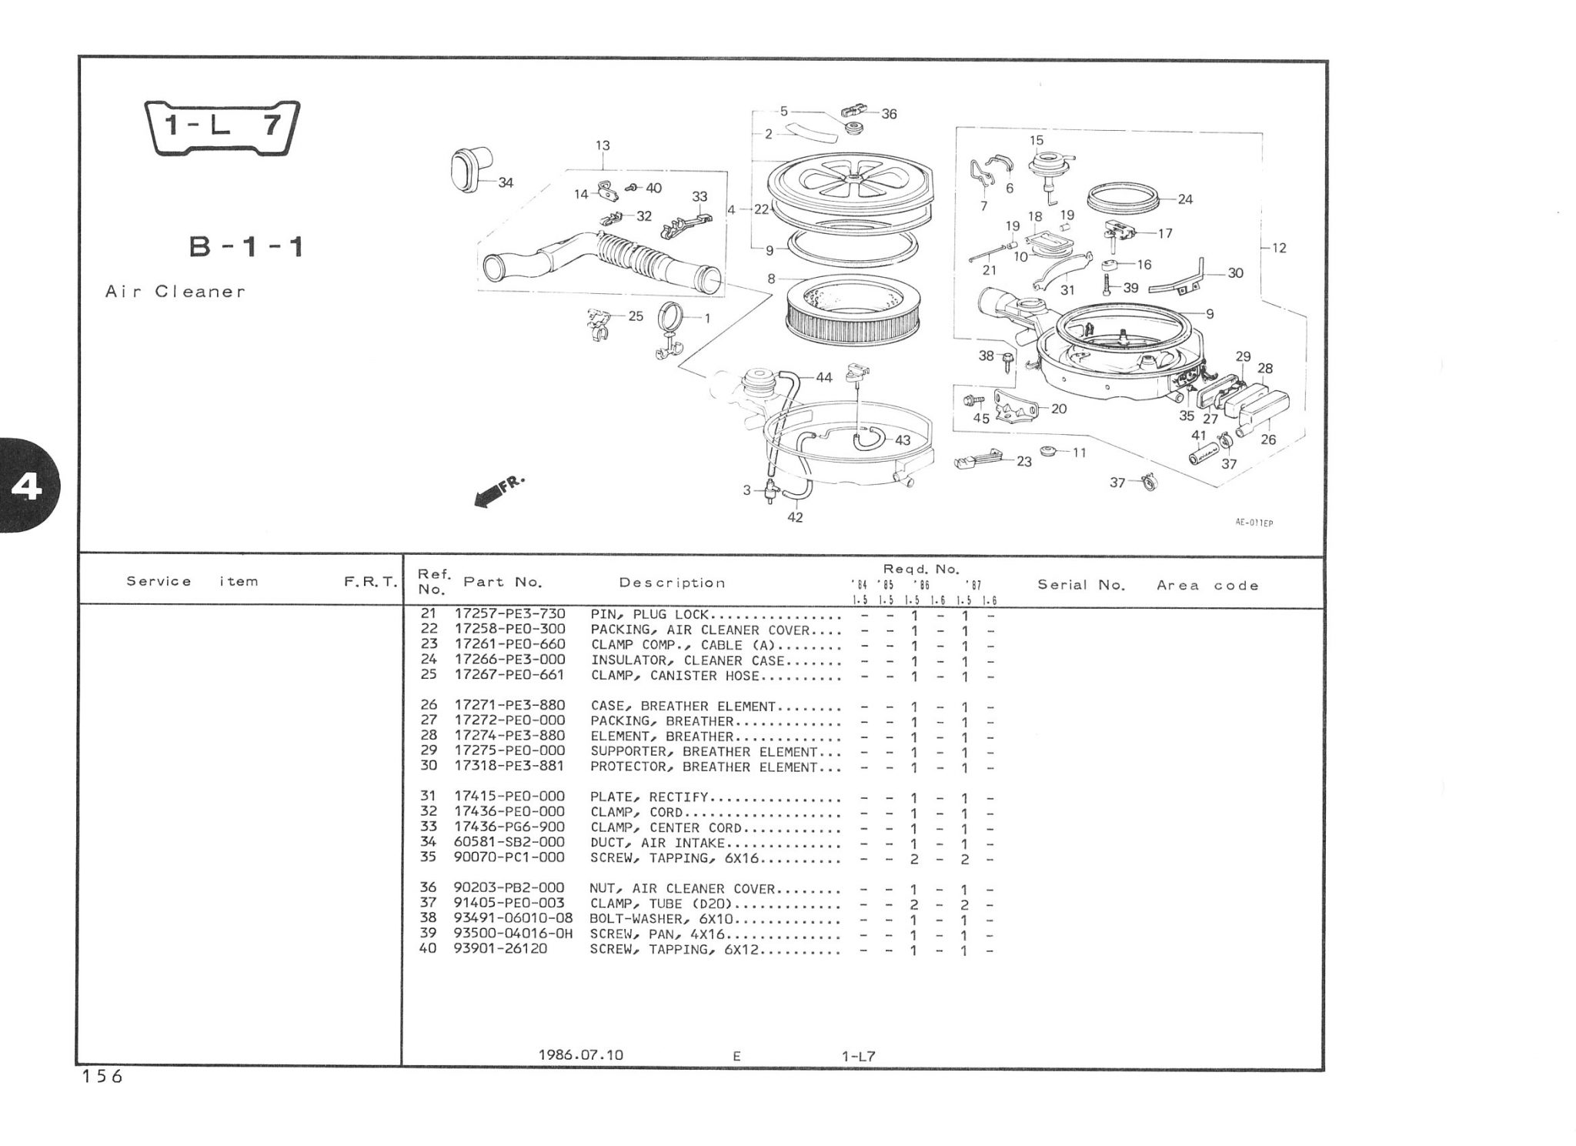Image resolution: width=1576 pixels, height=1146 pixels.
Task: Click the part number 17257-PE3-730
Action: click(509, 614)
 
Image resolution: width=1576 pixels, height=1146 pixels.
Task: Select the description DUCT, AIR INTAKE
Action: click(657, 843)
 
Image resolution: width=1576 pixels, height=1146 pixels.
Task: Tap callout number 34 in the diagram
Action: click(506, 183)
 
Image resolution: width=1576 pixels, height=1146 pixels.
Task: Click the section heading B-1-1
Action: click(246, 247)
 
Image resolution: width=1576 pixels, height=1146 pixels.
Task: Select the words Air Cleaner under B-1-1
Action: click(175, 292)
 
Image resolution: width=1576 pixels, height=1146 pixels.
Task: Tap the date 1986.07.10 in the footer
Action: click(581, 1054)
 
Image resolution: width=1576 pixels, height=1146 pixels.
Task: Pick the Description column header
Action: click(672, 583)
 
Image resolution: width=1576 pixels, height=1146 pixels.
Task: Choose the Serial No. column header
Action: click(1081, 585)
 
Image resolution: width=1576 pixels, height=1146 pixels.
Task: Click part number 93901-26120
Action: click(501, 949)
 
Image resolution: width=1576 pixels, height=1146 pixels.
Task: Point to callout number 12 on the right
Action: click(1279, 248)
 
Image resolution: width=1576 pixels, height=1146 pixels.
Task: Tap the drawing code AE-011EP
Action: click(1254, 523)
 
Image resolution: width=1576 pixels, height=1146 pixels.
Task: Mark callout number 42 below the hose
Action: click(795, 517)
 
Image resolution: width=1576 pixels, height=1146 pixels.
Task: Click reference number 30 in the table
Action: click(429, 766)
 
